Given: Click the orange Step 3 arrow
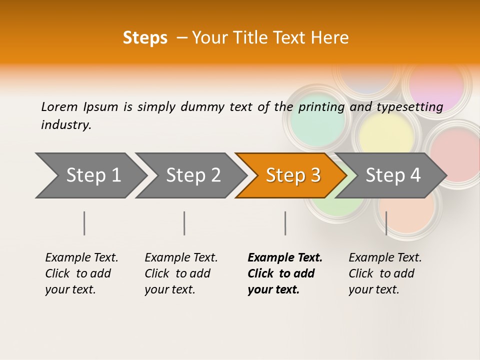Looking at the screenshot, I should tap(292, 175).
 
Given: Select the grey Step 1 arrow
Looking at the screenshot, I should tap(93, 175).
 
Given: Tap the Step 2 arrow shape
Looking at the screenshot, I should tap(193, 175).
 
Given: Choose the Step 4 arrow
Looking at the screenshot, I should tap(393, 175).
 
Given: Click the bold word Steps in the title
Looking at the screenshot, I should tap(145, 38).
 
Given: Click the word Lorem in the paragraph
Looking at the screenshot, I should tap(59, 106).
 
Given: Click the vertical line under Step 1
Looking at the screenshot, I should tap(84, 223).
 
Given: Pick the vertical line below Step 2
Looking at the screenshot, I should tap(184, 223).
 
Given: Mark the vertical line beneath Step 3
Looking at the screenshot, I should tap(285, 223).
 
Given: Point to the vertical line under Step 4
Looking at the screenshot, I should tap(386, 223).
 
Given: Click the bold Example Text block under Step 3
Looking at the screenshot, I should tap(284, 273).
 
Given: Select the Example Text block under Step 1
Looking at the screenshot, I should tap(81, 273).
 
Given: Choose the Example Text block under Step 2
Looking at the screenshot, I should tap(181, 273).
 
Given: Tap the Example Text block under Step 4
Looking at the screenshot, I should tap(385, 273).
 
